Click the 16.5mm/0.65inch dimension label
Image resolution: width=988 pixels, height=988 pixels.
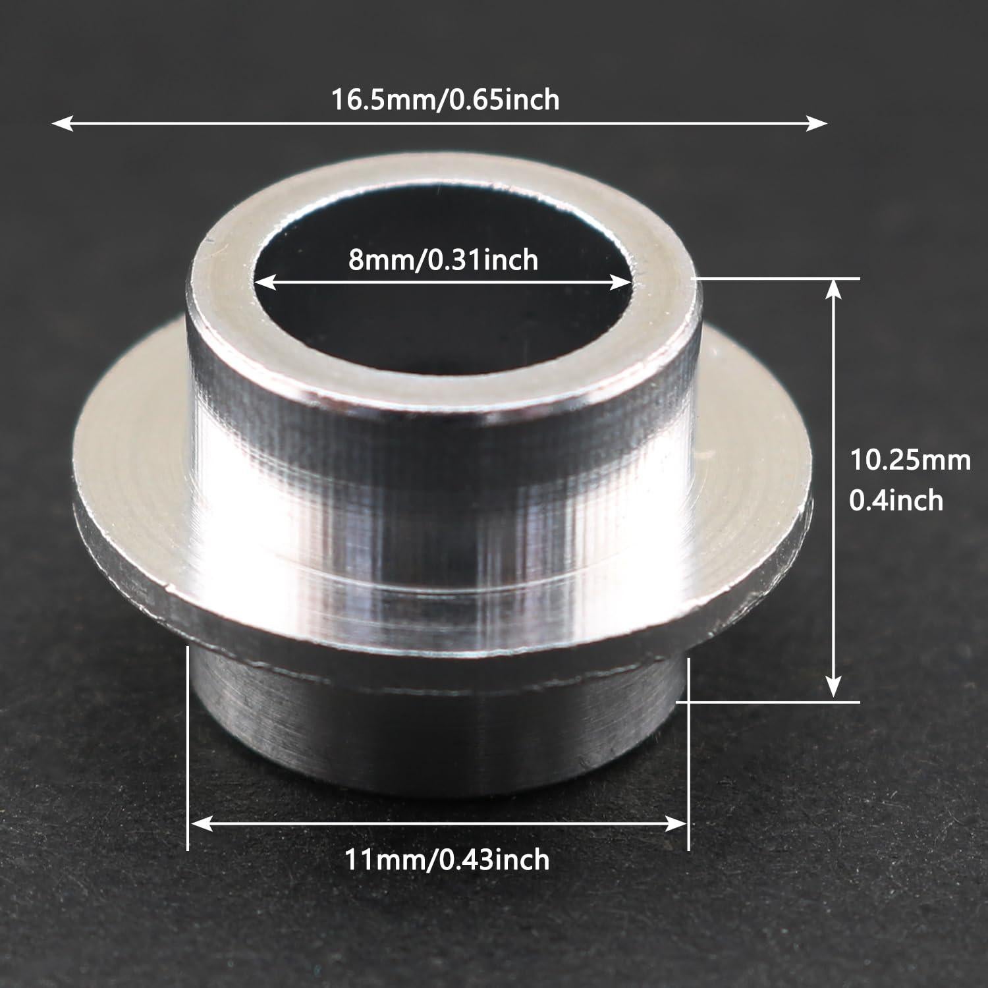tap(445, 100)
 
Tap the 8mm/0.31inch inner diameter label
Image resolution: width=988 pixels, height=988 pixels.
tap(443, 260)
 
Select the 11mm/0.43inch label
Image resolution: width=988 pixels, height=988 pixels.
tap(447, 860)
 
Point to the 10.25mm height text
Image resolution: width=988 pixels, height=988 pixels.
tap(910, 460)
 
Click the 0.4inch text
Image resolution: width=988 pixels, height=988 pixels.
tap(896, 501)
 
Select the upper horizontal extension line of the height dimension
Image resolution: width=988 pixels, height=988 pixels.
tap(777, 279)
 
